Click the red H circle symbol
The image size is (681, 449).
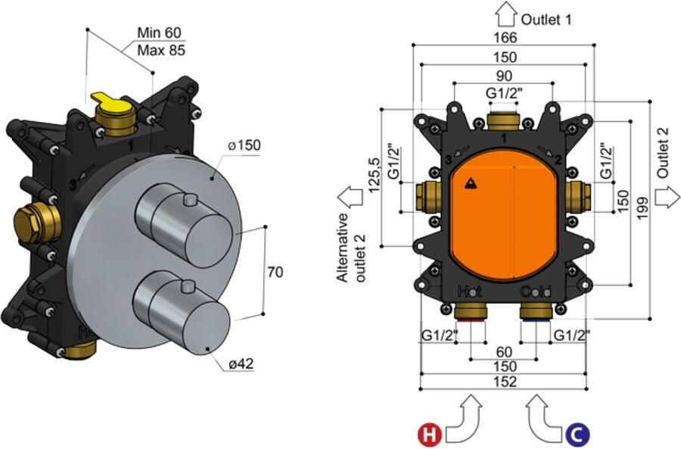coord(430,434)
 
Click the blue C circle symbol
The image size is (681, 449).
coord(577,434)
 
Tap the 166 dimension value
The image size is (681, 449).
coord(505,37)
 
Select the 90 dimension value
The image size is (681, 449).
coord(504,76)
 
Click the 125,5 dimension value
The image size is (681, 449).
coord(374,175)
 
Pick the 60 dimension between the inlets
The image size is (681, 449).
coord(504,351)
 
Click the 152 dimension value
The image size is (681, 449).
coord(505,382)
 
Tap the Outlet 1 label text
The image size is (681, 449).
coord(546,20)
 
